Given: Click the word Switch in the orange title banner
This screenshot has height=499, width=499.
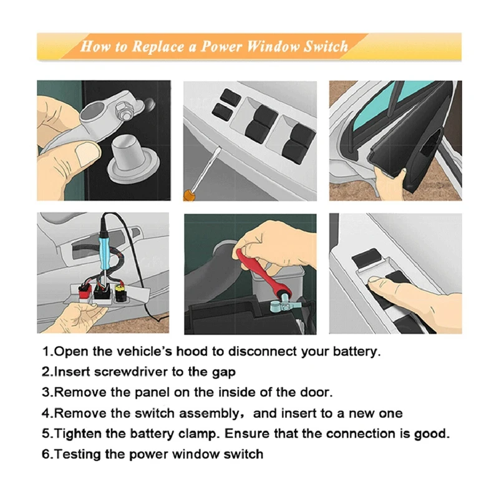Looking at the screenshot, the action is [326, 46].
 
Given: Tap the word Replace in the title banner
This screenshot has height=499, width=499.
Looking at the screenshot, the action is [158, 47].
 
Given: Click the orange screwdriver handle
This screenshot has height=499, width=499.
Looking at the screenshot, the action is [188, 195].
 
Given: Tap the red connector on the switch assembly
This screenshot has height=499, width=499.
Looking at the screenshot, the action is [85, 291].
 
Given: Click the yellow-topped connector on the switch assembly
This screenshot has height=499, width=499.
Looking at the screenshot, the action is [121, 293].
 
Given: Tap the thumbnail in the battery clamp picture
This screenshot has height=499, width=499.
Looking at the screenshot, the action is [87, 153].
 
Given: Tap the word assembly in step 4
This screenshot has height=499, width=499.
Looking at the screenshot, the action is [213, 414].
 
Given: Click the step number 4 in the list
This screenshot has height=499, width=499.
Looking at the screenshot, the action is [46, 414].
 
